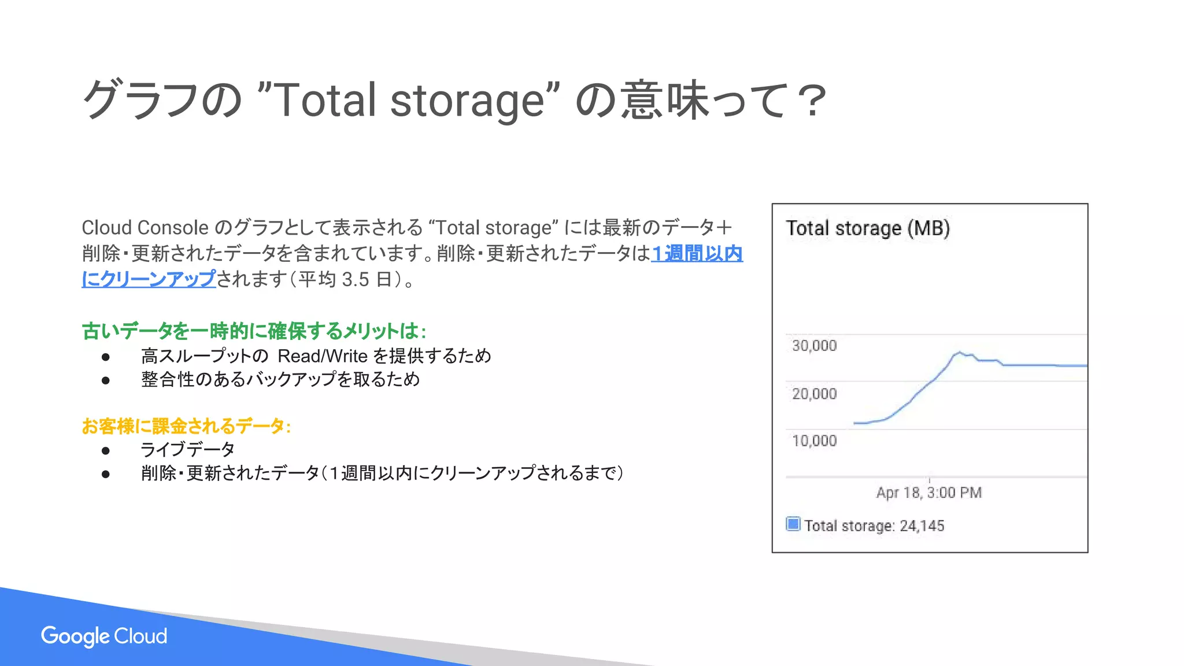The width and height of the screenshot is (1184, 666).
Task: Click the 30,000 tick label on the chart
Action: [x=814, y=346]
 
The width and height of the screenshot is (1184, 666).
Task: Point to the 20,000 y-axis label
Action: [x=814, y=394]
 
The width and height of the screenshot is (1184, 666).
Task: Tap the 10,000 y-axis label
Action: [x=814, y=441]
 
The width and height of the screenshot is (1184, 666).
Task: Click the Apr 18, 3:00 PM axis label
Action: [x=928, y=493]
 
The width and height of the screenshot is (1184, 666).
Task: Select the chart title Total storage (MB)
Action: [x=867, y=228]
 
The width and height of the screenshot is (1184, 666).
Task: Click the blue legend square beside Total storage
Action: [x=793, y=524]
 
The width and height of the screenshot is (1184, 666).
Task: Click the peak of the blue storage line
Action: [x=960, y=352]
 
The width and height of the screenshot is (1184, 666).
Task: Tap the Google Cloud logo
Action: [x=104, y=636]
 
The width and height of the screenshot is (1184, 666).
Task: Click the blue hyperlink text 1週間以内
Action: [x=697, y=253]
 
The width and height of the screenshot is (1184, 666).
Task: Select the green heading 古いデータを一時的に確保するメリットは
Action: [x=253, y=331]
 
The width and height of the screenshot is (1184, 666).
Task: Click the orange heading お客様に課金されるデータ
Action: [x=185, y=426]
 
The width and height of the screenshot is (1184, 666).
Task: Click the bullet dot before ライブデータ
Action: [x=105, y=450]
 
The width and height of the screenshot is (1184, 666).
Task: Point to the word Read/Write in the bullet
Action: [x=323, y=356]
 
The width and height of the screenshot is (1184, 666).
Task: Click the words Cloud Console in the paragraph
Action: [x=145, y=228]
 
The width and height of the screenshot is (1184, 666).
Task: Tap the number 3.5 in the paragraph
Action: [x=355, y=280]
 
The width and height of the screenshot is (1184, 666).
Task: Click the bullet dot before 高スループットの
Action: [x=105, y=357]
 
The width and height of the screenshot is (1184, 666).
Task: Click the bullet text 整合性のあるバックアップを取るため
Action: [x=280, y=379]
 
